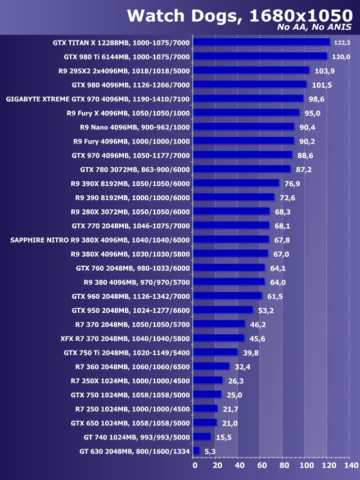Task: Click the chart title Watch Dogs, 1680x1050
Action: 239,15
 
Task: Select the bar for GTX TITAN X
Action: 261,42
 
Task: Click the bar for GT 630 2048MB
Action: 196,451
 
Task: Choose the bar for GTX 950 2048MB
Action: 223,310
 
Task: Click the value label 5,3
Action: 210,451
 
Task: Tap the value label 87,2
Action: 304,169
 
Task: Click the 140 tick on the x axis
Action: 350,466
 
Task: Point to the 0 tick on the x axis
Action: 195,466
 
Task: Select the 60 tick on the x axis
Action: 262,466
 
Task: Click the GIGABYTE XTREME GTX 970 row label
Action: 98,98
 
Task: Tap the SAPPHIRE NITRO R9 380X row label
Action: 100,240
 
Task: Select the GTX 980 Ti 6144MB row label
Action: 127,56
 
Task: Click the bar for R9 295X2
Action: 251,70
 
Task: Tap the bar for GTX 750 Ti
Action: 215,352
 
